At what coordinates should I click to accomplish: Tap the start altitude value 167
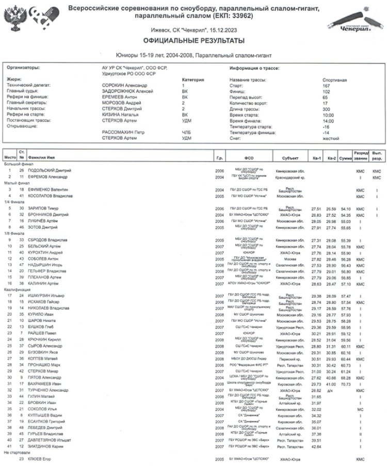pyautogui.click(x=326, y=86)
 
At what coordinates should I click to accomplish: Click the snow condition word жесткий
pyautogui.click(x=331, y=138)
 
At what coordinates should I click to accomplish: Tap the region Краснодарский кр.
pyautogui.click(x=287, y=176)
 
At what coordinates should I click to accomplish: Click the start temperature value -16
pyautogui.click(x=326, y=126)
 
